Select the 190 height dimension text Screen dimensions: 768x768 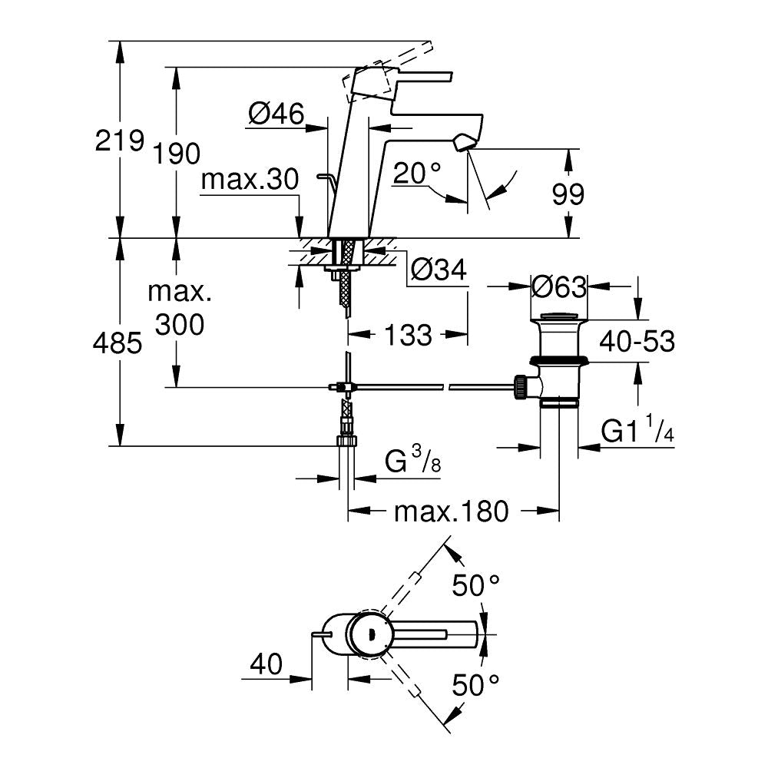(177, 154)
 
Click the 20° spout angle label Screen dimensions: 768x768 (418, 174)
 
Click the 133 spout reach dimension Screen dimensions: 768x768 (407, 334)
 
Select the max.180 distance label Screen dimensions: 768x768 (452, 511)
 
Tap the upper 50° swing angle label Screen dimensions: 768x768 (476, 587)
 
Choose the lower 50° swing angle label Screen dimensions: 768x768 (476, 683)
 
